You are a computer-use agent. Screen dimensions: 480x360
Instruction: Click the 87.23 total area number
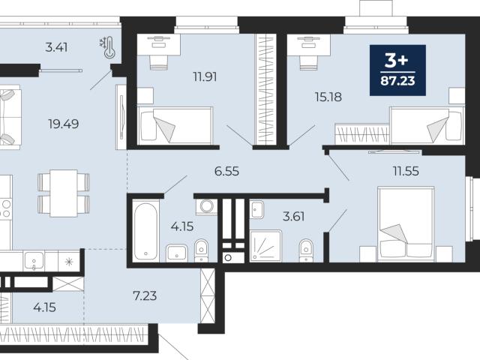[397, 81]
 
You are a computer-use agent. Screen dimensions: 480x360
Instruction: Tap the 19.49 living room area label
[63, 124]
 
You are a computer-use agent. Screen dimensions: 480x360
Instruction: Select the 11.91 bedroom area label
[205, 76]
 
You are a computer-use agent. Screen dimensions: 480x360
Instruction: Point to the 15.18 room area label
[328, 97]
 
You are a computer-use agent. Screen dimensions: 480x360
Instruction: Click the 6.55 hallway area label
[226, 171]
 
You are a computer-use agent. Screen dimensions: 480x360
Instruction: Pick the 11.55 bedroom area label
[406, 171]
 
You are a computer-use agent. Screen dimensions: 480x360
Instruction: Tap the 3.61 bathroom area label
[293, 217]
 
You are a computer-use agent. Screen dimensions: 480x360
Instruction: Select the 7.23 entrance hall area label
[145, 295]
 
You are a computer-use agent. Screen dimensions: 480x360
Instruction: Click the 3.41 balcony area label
[56, 47]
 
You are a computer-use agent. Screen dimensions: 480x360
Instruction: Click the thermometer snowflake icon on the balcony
[107, 47]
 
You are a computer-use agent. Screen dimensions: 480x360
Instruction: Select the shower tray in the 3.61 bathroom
[265, 247]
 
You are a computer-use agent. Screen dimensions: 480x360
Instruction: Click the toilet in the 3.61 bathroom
[307, 250]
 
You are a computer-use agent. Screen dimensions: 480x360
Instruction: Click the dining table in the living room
[64, 193]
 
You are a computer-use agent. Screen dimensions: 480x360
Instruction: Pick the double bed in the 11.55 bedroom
[406, 224]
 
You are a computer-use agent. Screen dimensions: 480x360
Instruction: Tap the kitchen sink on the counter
[34, 261]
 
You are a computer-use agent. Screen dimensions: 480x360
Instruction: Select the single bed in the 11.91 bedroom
[175, 125]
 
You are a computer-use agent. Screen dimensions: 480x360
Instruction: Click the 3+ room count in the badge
[397, 60]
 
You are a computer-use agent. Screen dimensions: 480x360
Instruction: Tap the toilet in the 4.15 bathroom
[201, 250]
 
